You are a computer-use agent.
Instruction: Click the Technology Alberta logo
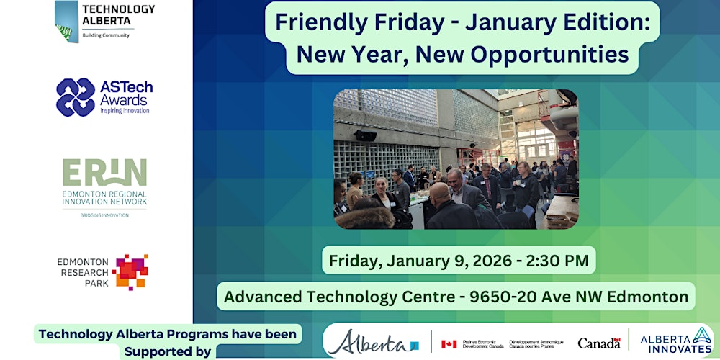[x=104, y=21]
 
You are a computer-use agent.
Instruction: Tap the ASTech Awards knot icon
[x=76, y=97]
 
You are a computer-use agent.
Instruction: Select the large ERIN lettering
[x=104, y=173]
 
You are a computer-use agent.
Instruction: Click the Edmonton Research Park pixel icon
[x=130, y=271]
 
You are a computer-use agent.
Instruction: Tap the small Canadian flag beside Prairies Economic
[x=449, y=343]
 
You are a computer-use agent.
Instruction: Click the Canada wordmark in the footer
[x=598, y=343]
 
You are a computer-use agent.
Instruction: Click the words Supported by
[x=168, y=351]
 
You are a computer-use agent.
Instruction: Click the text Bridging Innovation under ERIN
[x=104, y=215]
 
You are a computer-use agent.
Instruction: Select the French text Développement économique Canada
[x=535, y=343]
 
